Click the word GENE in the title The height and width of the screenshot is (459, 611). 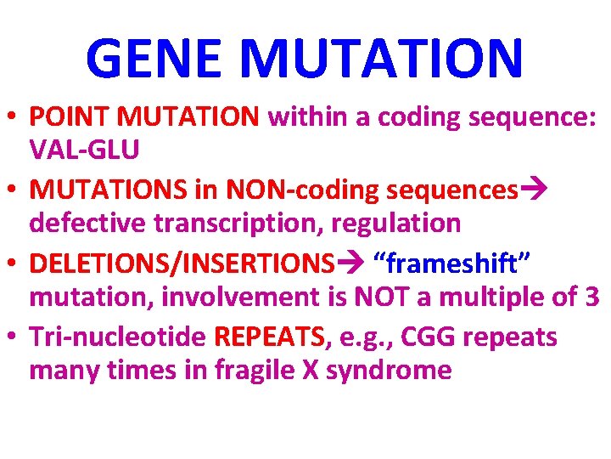tap(155, 58)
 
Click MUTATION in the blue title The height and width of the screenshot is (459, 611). tap(382, 58)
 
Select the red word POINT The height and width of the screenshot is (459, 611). tap(72, 117)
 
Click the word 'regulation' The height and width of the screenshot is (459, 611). tap(399, 223)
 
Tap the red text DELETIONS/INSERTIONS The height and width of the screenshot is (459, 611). tap(181, 263)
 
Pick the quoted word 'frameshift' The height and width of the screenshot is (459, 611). tap(459, 263)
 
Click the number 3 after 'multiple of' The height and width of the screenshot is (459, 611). tap(591, 297)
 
